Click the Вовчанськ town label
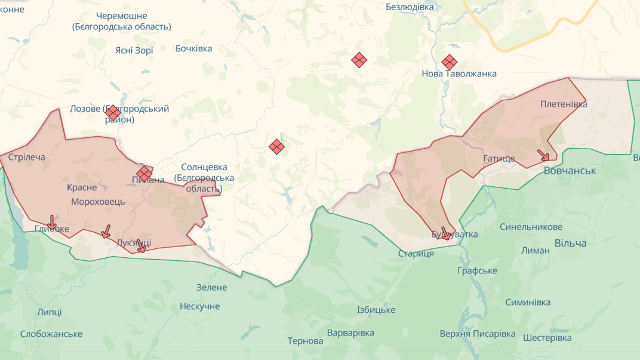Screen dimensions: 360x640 570,171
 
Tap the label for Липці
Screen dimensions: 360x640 49,312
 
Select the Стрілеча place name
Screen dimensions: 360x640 27,158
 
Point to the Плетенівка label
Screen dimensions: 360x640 564,104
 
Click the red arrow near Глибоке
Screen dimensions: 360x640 52,222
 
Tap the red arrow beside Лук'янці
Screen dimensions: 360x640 141,245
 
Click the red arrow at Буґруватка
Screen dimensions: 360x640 445,233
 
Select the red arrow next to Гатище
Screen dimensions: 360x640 543,155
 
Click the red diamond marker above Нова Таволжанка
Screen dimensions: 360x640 449,62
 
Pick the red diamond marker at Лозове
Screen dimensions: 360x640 113,112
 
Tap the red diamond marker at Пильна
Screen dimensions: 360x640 144,173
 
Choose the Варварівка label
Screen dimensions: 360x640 350,333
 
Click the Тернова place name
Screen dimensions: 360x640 305,341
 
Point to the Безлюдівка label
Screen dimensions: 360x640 410,7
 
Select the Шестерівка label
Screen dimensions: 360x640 547,338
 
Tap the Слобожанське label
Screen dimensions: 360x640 51,334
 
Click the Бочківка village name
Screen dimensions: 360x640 193,48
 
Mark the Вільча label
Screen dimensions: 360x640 570,244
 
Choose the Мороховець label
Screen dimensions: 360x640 98,202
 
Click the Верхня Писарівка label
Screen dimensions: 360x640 477,334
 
